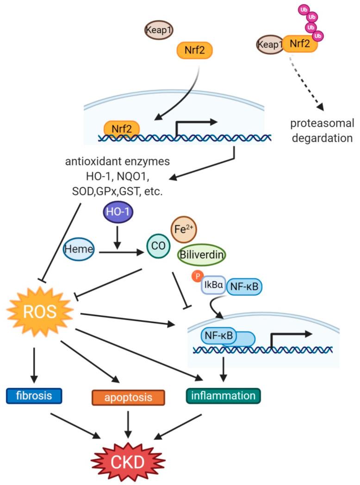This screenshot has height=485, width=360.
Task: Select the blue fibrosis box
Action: (x=34, y=395)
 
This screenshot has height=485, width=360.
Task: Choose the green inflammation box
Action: (x=223, y=396)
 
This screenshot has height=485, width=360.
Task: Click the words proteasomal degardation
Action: (x=322, y=131)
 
